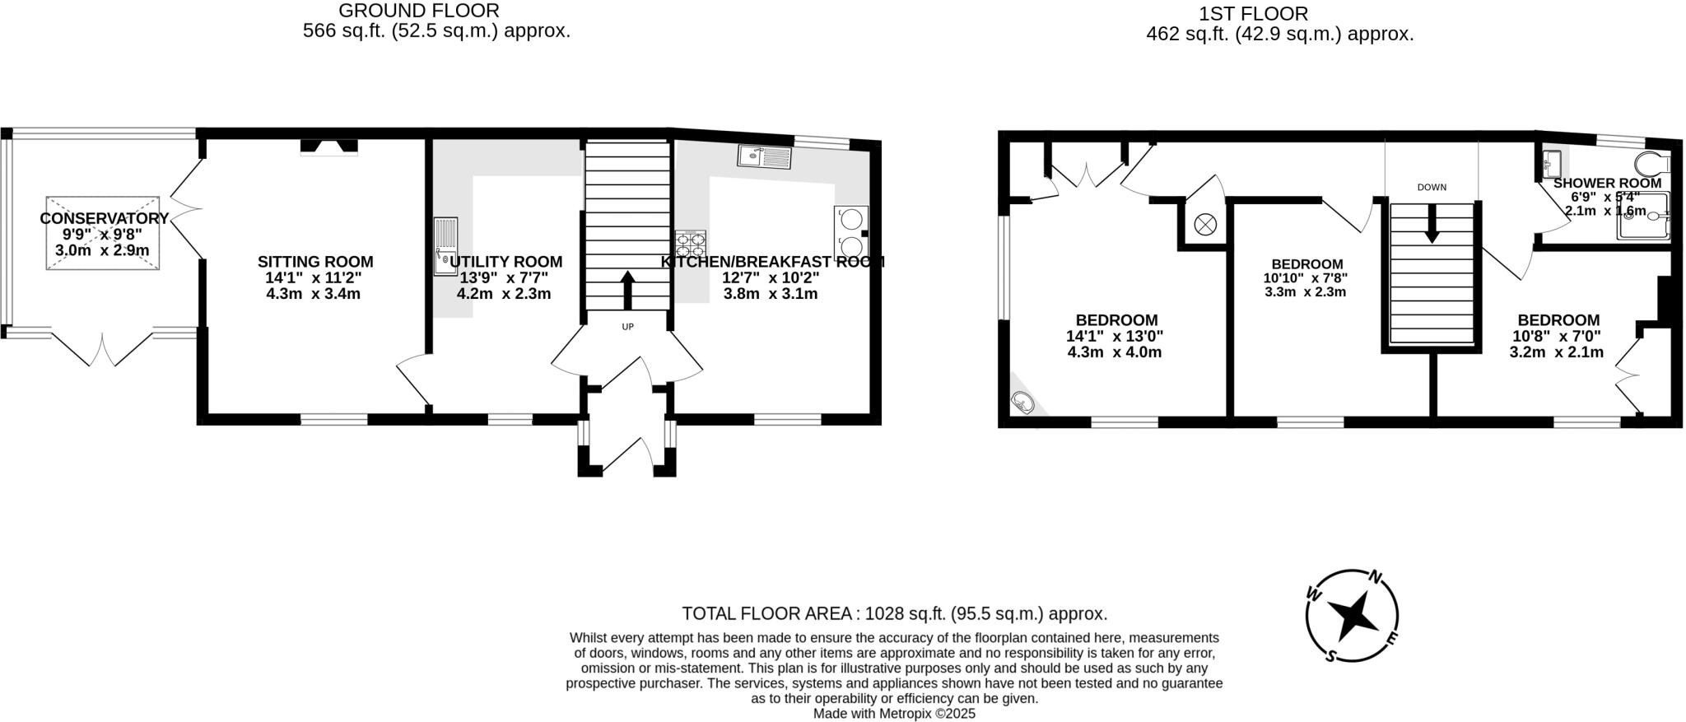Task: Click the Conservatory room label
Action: point(104,218)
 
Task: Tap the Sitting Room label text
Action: point(315,262)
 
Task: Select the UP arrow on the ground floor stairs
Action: point(627,289)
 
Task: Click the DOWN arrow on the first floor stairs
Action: point(1432,223)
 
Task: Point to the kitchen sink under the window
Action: point(764,156)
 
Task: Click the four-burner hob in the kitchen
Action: point(690,244)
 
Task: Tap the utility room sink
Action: point(445,246)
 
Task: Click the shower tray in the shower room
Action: point(1643,217)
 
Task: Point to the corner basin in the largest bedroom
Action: point(1022,403)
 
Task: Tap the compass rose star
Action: point(1352,616)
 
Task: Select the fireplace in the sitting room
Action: point(329,147)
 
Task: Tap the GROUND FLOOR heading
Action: point(419,11)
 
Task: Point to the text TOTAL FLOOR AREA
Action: point(767,613)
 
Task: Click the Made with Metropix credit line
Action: point(894,714)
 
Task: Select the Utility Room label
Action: point(505,262)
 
